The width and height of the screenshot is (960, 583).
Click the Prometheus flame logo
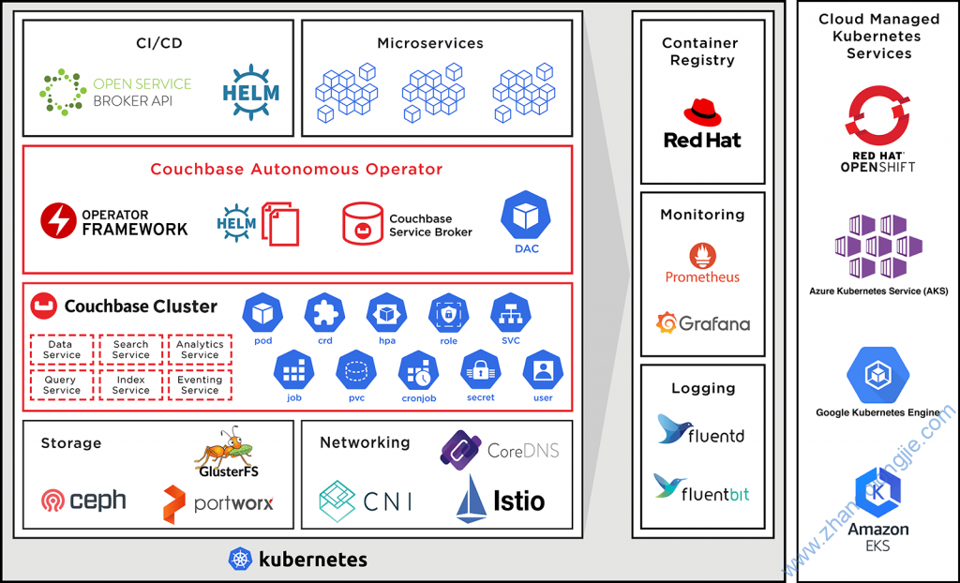[x=702, y=256]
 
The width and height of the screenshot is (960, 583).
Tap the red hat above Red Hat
[x=702, y=113]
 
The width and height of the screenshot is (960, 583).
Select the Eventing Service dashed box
[x=200, y=384]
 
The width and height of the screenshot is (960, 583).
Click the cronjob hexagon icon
[x=418, y=370]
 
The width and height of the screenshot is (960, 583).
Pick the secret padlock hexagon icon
[x=481, y=370]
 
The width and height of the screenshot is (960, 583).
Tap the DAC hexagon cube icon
[x=526, y=216]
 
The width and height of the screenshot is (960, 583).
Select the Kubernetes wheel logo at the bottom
[x=240, y=560]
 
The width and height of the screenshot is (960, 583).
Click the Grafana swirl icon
[x=667, y=322]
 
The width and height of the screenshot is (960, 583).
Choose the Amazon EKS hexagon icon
[x=878, y=493]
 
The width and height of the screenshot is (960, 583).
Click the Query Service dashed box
[x=61, y=384]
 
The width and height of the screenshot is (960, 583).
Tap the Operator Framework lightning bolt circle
[x=59, y=221]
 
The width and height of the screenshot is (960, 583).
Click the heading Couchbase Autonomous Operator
[x=296, y=169]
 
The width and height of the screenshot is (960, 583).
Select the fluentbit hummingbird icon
[x=667, y=486]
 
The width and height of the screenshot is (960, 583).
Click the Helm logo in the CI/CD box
[x=250, y=93]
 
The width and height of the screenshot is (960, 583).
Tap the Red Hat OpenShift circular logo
[x=877, y=115]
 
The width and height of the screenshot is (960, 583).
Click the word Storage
[x=71, y=442]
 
